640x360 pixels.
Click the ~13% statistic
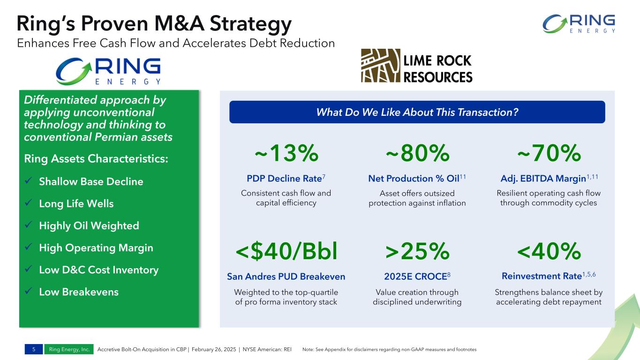[x=286, y=153]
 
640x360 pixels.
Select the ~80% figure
[x=417, y=153]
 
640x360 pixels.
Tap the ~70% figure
[x=549, y=153]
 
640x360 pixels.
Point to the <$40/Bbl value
[x=286, y=252]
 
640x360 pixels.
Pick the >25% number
[x=417, y=252]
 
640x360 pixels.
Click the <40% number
[x=549, y=252]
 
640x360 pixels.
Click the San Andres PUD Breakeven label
[x=286, y=277]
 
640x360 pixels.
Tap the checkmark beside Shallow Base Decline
[x=29, y=181]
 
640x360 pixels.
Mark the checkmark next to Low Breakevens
[x=29, y=292]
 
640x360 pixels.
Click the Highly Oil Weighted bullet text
[x=89, y=225]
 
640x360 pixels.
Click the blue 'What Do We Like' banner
[x=417, y=112]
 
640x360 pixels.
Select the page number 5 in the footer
[x=34, y=349]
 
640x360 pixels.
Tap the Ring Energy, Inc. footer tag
[x=69, y=349]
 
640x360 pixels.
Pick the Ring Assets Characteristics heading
[x=96, y=159]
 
